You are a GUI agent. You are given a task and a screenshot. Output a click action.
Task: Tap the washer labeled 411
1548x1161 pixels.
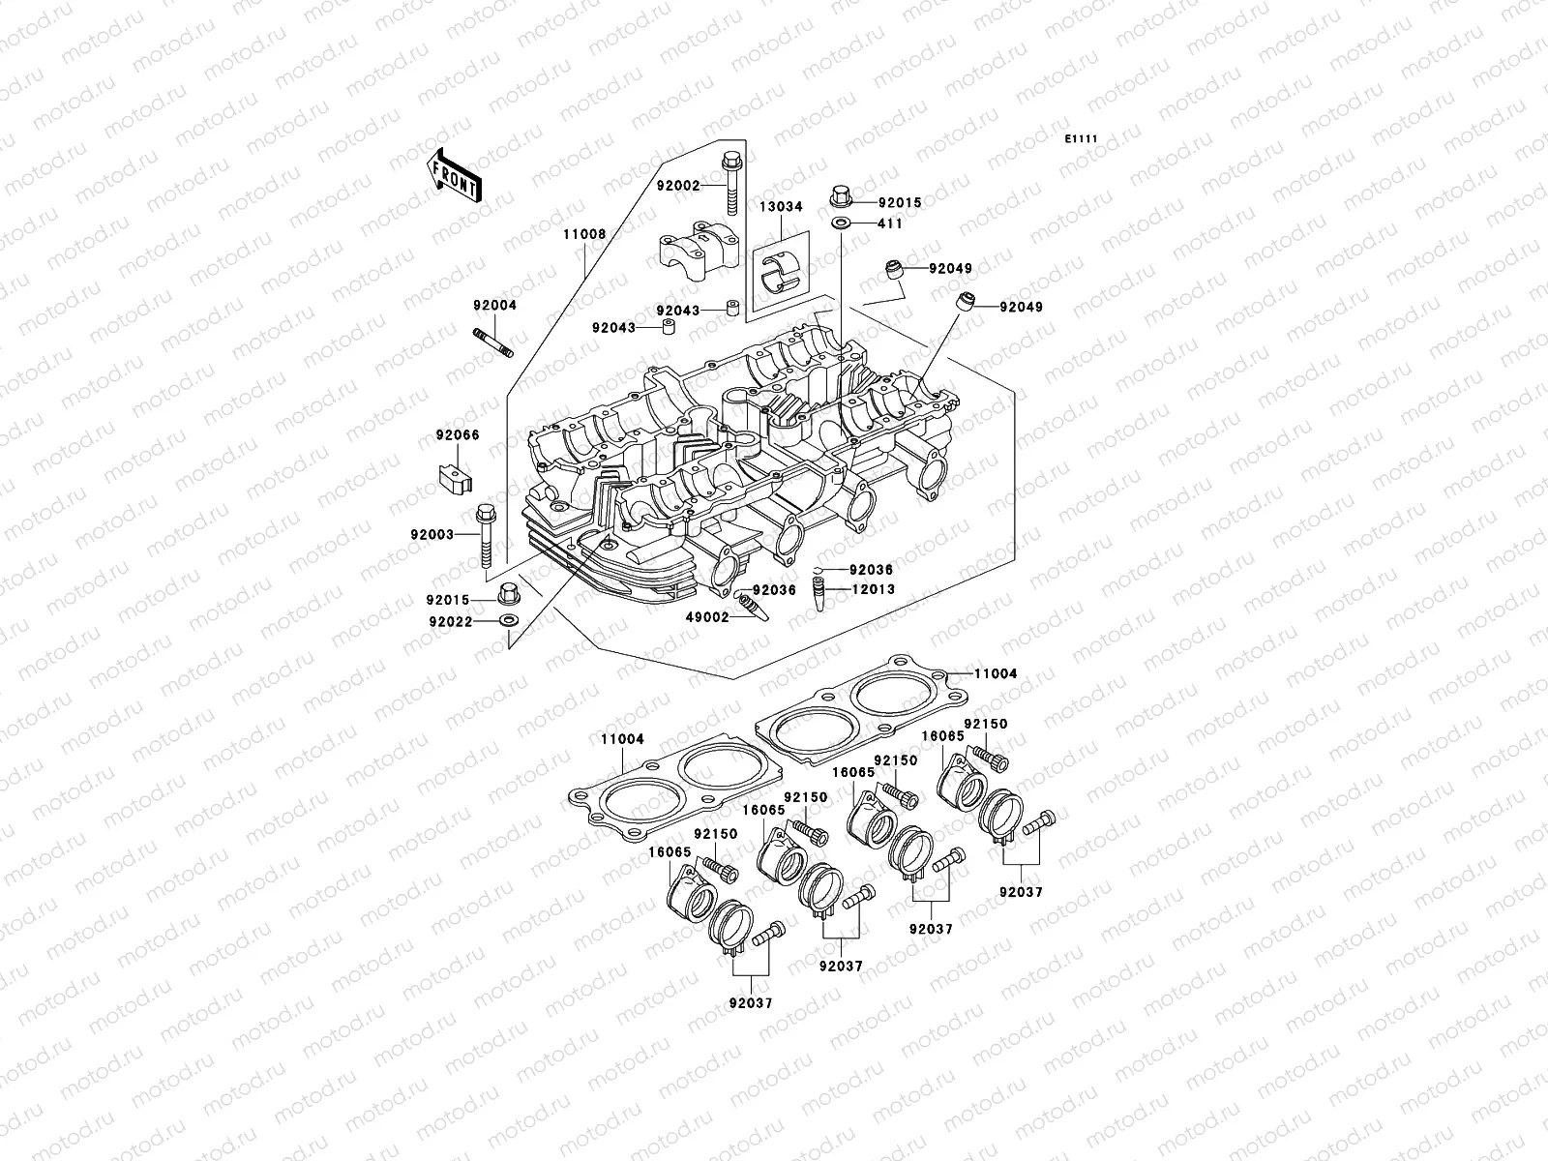pyautogui.click(x=841, y=223)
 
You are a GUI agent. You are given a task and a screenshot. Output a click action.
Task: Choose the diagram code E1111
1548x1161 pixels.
pyautogui.click(x=1081, y=139)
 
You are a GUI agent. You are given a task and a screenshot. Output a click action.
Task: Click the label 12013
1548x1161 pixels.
pyautogui.click(x=873, y=588)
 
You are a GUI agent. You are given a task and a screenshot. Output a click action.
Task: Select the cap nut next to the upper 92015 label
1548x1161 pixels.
pyautogui.click(x=841, y=199)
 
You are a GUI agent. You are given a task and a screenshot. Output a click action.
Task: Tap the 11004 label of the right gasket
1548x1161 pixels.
pyautogui.click(x=996, y=673)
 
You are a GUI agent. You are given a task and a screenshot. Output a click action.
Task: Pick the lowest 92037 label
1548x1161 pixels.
pyautogui.click(x=750, y=1003)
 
